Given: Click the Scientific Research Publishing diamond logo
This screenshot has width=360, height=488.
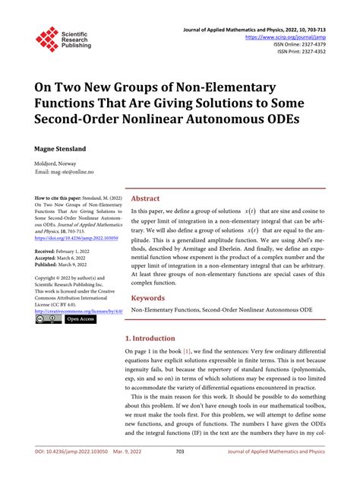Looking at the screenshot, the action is (47, 40).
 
